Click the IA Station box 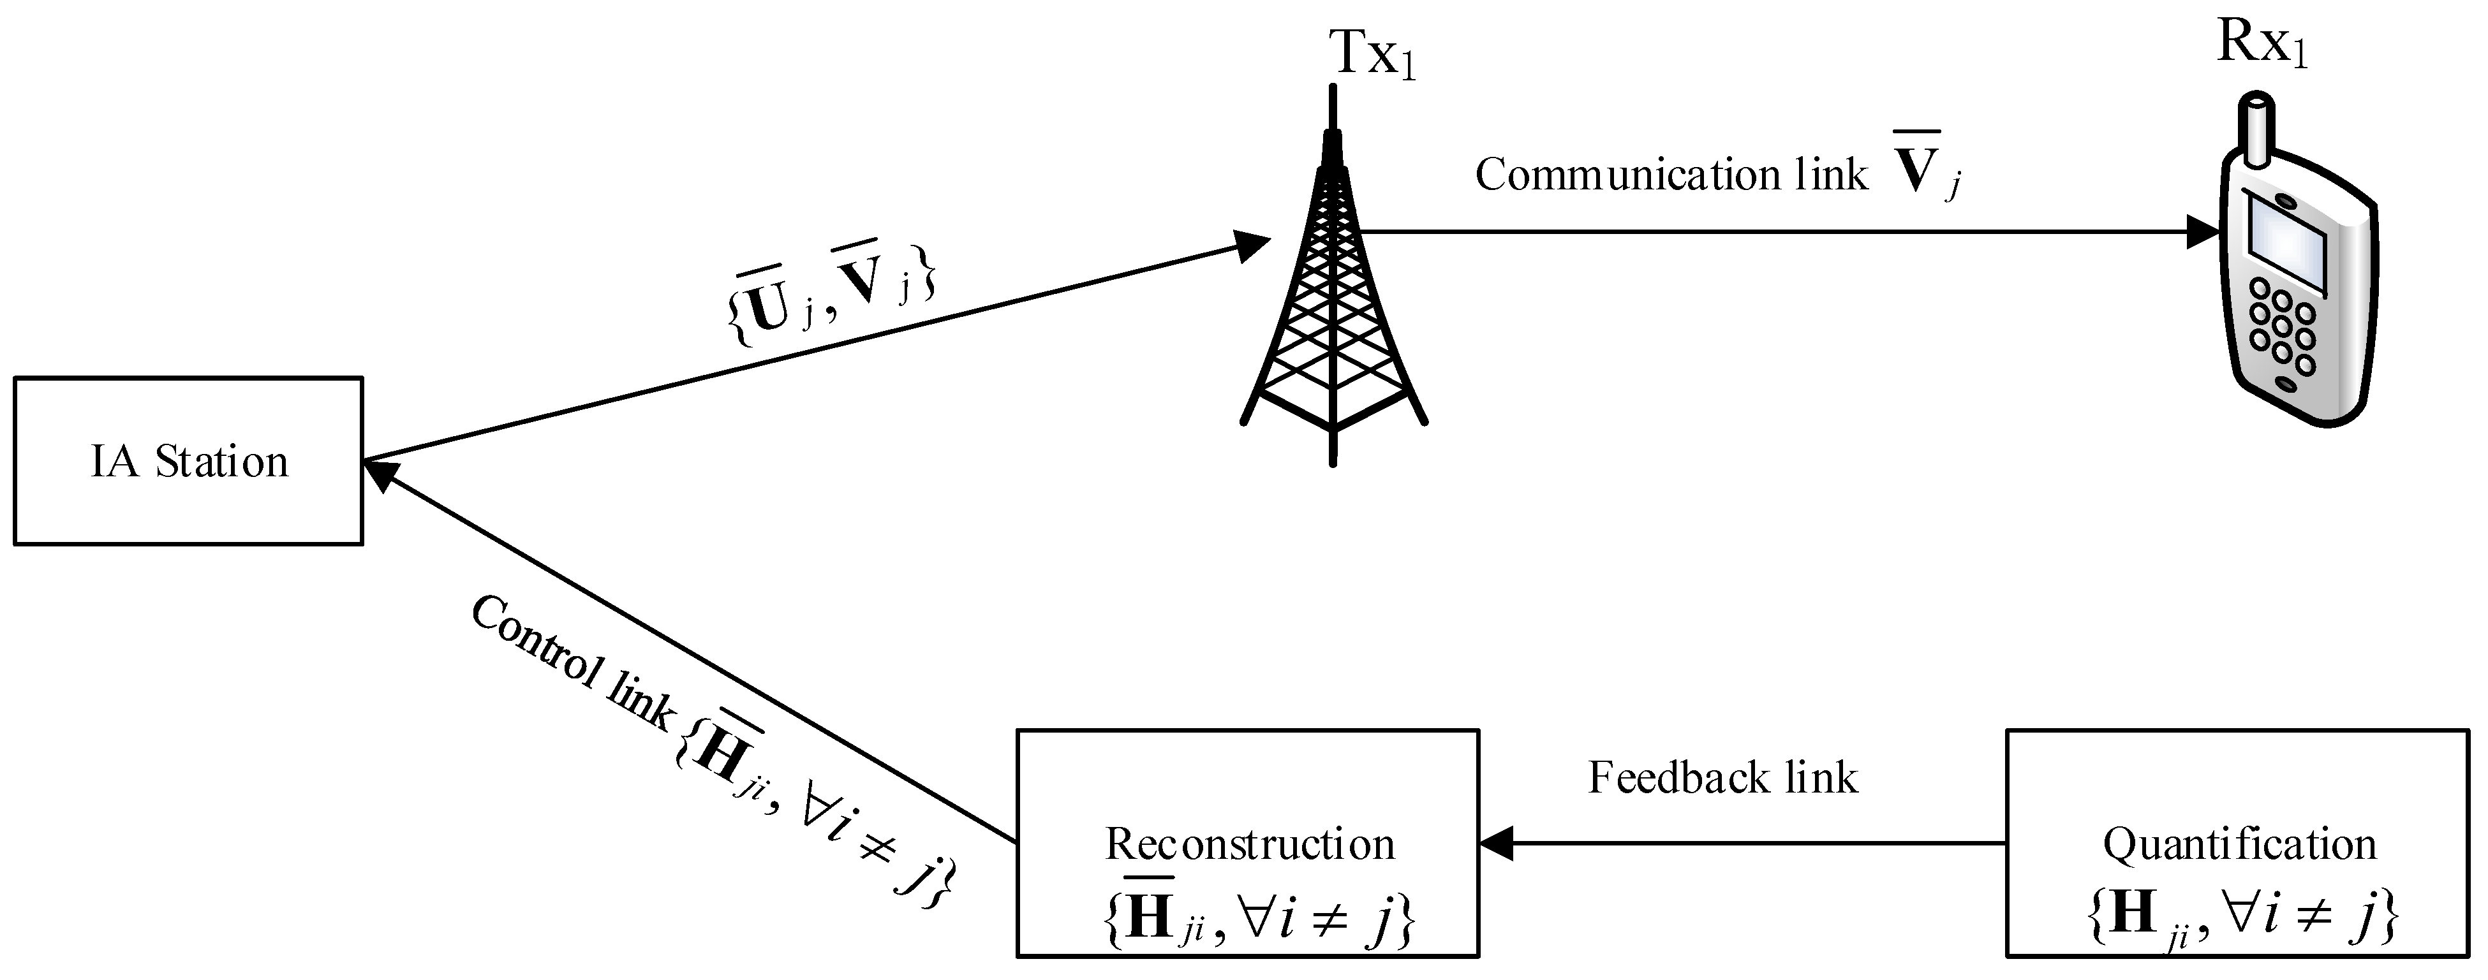pos(188,462)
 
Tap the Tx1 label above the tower pos(1372,54)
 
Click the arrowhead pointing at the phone pos(2204,231)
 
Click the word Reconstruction pos(1249,845)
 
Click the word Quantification pos(2239,845)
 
